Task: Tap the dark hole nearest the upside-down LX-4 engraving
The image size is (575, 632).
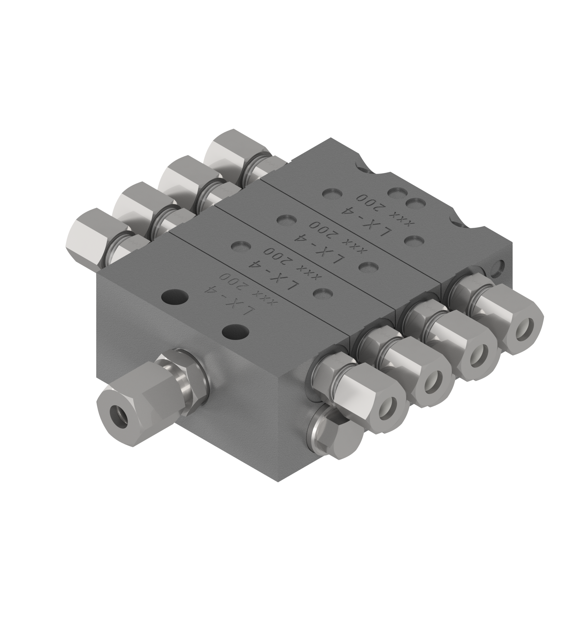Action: [x=175, y=295]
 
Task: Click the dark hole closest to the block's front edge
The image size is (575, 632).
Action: [x=235, y=331]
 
